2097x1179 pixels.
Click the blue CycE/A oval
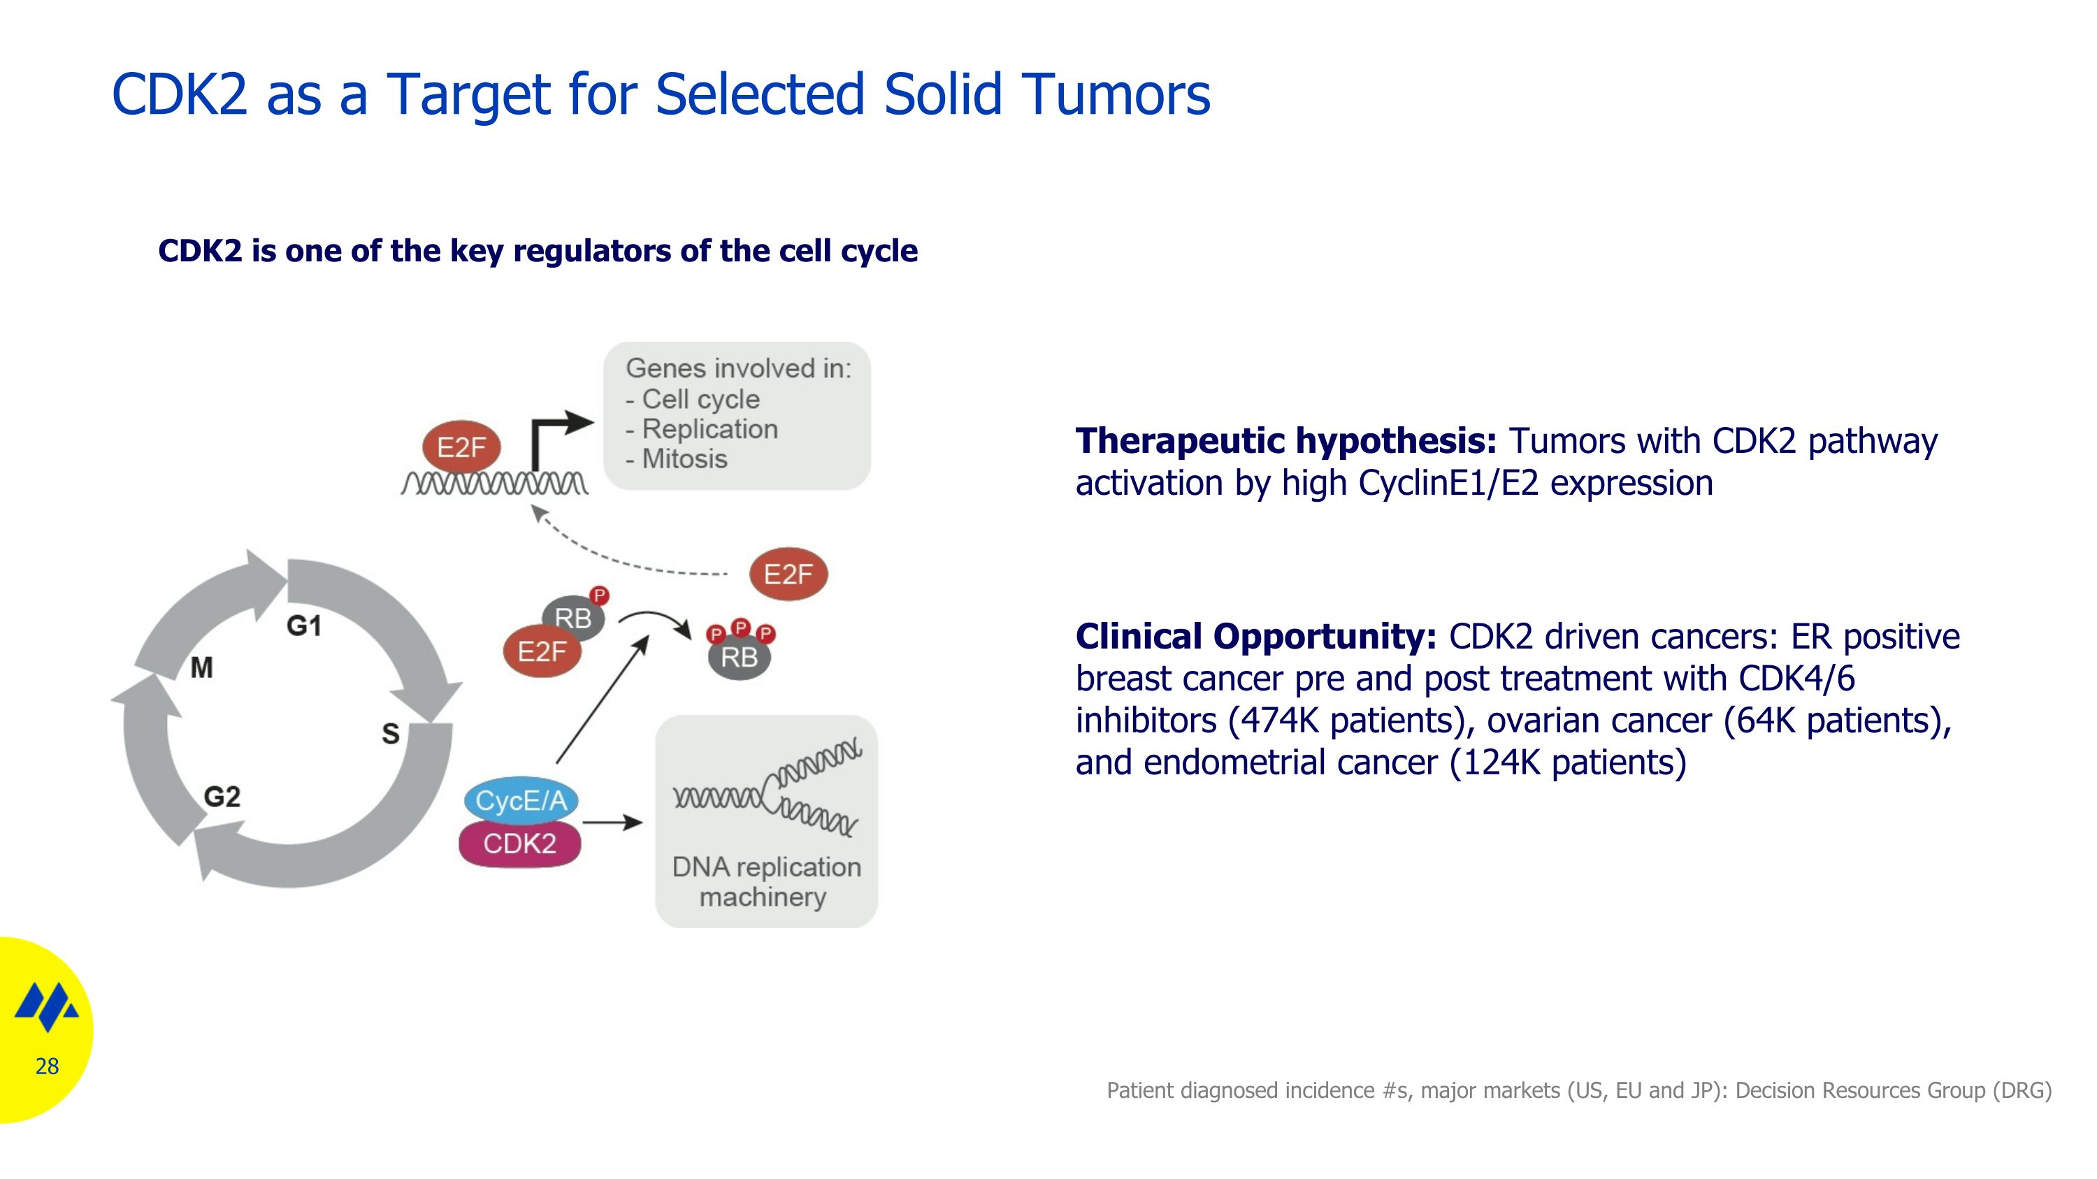coord(521,801)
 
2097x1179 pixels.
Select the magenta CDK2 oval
coord(519,844)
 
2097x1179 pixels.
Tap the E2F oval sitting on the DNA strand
coord(461,447)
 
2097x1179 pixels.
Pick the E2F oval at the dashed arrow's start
coord(788,574)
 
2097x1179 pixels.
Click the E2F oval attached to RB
coord(542,651)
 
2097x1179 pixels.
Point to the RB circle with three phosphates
coord(739,656)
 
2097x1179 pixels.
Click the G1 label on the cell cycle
coord(303,625)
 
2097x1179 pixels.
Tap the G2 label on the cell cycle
coord(222,797)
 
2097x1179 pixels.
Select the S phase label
coord(391,734)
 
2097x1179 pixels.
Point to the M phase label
coord(202,668)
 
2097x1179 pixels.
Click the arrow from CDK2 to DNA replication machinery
coord(613,823)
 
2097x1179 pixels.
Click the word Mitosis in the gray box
coord(684,459)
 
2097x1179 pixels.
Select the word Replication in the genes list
coord(710,429)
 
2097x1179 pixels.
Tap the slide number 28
coord(48,1066)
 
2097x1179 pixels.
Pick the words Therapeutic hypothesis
coord(1286,441)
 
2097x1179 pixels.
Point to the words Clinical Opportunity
coord(1256,636)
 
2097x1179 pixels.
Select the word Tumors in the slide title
coord(1116,94)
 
